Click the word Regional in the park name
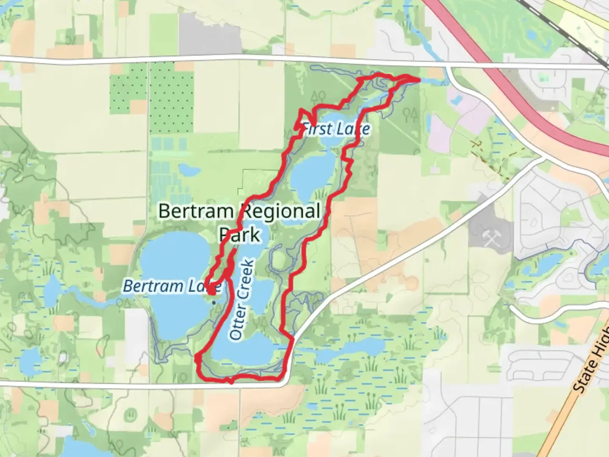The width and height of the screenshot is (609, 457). tap(281, 211)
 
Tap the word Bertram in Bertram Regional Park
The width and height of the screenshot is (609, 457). tap(196, 211)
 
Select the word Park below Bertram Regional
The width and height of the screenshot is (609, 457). tap(239, 234)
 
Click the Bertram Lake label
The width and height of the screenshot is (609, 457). tap(172, 286)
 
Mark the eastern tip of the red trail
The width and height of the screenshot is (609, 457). tap(419, 79)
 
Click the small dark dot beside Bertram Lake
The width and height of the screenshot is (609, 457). tap(214, 302)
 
